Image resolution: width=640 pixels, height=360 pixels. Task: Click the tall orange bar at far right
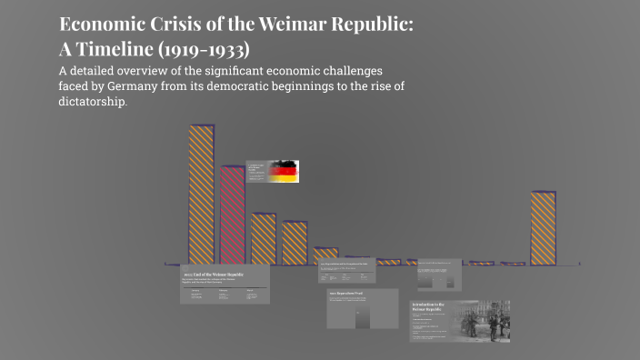pyautogui.click(x=544, y=228)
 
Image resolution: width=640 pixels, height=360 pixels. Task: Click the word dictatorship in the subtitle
pyautogui.click(x=94, y=102)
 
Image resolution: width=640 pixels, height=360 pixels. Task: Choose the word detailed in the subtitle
pyautogui.click(x=103, y=71)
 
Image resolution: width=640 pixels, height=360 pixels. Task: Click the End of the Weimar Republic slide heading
pyautogui.click(x=214, y=274)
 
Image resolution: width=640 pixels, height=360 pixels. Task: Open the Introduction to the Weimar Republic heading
pyautogui.click(x=429, y=307)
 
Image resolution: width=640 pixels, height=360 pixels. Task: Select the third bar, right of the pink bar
pyautogui.click(x=264, y=238)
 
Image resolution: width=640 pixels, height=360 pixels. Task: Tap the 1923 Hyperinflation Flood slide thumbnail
pyautogui.click(x=363, y=308)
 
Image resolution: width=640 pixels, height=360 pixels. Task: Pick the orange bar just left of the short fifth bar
pyautogui.click(x=295, y=243)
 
